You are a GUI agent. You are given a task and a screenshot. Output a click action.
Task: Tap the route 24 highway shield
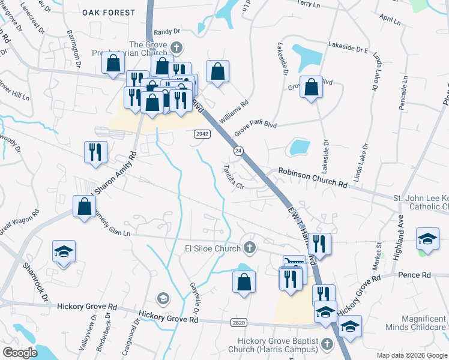pos(238,151)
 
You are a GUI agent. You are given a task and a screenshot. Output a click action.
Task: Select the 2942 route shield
pos(202,134)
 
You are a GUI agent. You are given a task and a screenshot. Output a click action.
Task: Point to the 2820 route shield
pos(239,323)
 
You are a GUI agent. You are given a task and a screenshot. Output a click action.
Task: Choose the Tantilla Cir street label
pos(234,177)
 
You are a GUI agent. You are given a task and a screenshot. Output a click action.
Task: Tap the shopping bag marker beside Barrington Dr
pos(113,63)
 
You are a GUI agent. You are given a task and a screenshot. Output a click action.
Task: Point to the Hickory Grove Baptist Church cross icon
pos(327,344)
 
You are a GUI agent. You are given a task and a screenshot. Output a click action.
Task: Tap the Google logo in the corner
pos(20,353)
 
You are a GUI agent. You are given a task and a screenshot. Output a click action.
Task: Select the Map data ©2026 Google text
pos(411,355)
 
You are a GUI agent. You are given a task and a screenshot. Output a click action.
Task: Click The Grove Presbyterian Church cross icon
pos(176,47)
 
